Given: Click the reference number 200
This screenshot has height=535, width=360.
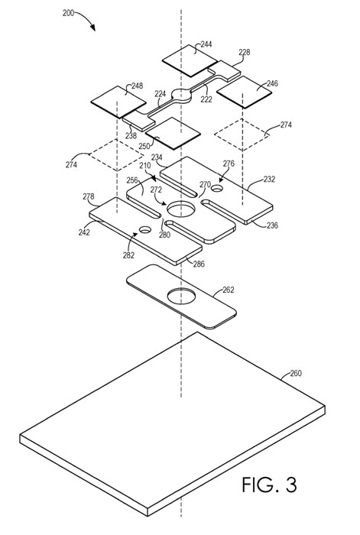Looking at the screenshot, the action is tap(68, 13).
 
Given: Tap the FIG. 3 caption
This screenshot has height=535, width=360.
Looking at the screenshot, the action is tap(269, 485).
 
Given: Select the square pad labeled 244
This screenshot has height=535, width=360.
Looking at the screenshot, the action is tap(190, 60).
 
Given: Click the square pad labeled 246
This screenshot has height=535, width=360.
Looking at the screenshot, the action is tap(244, 92).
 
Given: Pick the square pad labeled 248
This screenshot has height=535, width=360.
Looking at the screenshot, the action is tap(118, 102).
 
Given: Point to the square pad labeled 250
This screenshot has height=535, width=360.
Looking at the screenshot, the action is tap(173, 133).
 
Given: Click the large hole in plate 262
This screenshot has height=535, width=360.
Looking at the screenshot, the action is tap(181, 296).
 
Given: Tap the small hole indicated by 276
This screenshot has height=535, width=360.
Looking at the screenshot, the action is tap(216, 188).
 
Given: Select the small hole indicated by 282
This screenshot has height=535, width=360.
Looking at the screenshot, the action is tap(145, 229).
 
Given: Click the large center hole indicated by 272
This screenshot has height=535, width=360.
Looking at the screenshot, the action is tap(181, 209).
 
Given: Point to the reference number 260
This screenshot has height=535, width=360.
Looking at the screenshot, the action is tap(296, 373).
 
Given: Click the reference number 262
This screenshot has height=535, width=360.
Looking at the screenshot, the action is tap(229, 290).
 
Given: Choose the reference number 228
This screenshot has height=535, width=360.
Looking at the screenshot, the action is tap(245, 52).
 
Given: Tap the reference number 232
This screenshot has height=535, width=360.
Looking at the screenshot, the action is tap(269, 179).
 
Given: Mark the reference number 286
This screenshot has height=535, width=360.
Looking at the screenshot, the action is tap(199, 264).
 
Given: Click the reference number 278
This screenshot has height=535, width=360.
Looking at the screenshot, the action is tap(88, 196).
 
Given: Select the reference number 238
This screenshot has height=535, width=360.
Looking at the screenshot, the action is tap(131, 136).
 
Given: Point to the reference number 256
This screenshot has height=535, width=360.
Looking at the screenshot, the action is tap(132, 180).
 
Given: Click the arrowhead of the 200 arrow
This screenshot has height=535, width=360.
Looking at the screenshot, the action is tap(92, 28).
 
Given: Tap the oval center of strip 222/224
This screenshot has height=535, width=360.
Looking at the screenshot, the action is tap(181, 96).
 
